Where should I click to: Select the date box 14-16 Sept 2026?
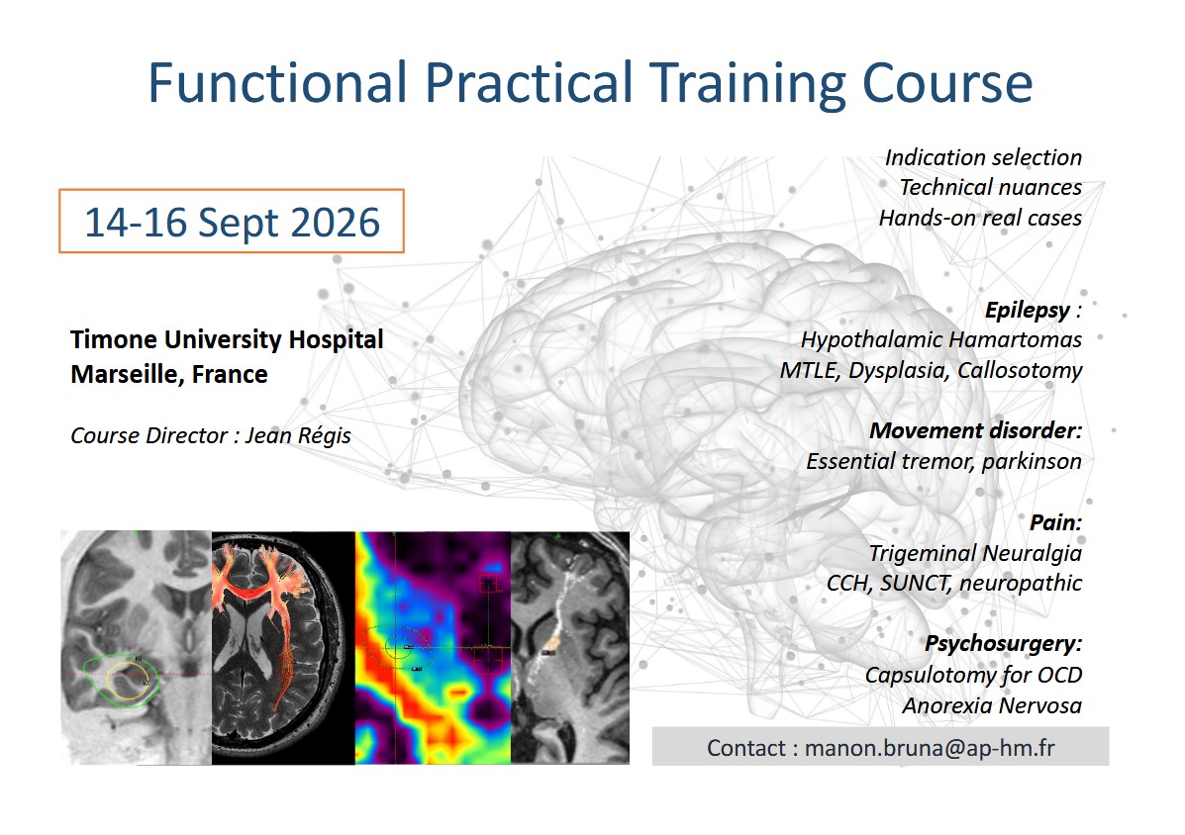pos(232,222)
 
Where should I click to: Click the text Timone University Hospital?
pos(227,339)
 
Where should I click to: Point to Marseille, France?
pos(169,374)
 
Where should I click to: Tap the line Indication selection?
pos(982,157)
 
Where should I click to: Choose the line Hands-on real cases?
pos(979,218)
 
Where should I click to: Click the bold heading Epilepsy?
pos(1027,310)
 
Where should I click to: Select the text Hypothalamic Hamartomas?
pos(940,339)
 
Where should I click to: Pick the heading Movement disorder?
pos(974,430)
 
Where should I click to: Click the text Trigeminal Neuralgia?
pos(974,553)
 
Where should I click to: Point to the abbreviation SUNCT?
pos(927,583)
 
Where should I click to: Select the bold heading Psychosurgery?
pos(1003,644)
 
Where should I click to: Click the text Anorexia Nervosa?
pos(991,705)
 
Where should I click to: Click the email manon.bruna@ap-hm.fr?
pos(930,748)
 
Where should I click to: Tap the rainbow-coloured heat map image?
pos(433,648)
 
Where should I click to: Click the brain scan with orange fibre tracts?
pos(283,648)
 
